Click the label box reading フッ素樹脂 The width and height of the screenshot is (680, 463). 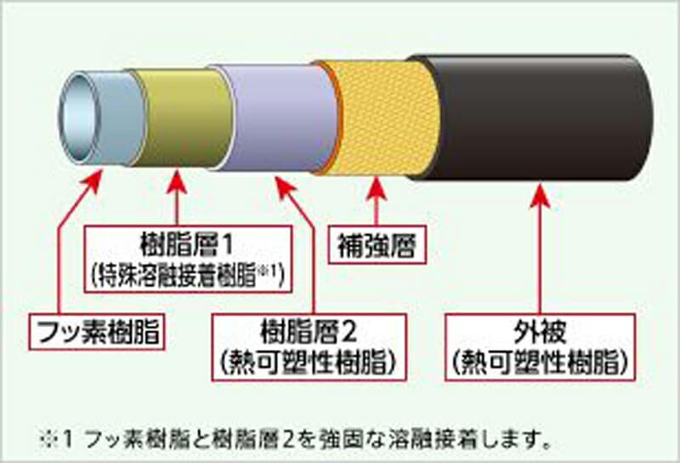click(x=97, y=331)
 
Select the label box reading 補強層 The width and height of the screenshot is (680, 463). click(x=377, y=244)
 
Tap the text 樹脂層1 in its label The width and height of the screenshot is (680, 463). click(x=187, y=244)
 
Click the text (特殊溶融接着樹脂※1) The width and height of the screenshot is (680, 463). click(x=188, y=275)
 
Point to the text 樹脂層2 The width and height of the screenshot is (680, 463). click(x=309, y=332)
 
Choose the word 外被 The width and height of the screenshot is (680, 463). click(x=540, y=332)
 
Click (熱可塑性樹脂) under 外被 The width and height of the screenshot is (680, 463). click(x=540, y=363)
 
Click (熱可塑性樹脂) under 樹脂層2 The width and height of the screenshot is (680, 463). click(x=309, y=363)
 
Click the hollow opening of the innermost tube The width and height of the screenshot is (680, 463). click(x=79, y=117)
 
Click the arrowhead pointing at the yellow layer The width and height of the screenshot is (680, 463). click(x=377, y=189)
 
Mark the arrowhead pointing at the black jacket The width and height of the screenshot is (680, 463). click(x=540, y=196)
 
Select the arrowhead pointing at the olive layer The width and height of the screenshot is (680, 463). click(x=177, y=182)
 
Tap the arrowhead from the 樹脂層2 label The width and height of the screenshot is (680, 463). click(x=285, y=187)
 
